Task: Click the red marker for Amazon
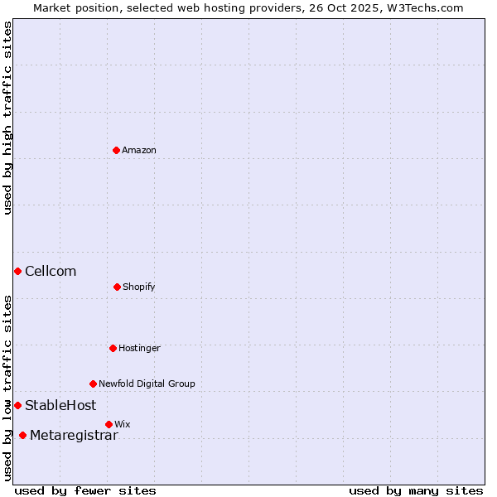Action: click(116, 150)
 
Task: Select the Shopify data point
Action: click(117, 287)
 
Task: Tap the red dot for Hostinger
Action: click(113, 348)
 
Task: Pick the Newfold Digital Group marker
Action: click(93, 384)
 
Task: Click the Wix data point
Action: click(109, 424)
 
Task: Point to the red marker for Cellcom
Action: click(17, 271)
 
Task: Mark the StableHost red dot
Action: click(17, 405)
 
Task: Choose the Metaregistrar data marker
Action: click(22, 435)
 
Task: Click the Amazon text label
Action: click(139, 150)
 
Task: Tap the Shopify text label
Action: click(139, 287)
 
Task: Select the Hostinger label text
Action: click(139, 348)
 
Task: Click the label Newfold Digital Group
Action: click(147, 384)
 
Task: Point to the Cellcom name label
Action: click(51, 271)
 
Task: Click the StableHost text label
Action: click(60, 405)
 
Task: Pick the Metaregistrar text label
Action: click(74, 435)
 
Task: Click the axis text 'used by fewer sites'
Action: click(85, 490)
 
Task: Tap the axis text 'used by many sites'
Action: click(416, 490)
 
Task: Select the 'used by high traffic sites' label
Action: click(7, 118)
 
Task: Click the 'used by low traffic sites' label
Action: click(7, 388)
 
